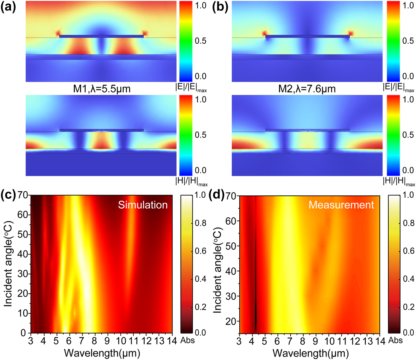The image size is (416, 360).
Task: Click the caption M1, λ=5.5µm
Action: pyautogui.click(x=101, y=89)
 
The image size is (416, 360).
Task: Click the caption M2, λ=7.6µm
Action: pyautogui.click(x=307, y=89)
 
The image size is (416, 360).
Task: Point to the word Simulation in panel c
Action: pyautogui.click(x=143, y=205)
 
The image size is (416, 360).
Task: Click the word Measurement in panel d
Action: pyautogui.click(x=341, y=205)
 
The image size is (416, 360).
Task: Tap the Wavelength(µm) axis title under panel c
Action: pyautogui.click(x=102, y=353)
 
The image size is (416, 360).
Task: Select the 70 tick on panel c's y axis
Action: pyautogui.click(x=23, y=196)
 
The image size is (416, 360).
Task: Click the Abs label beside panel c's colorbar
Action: pyautogui.click(x=189, y=340)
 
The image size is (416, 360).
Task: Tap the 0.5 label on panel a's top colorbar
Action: pyautogui.click(x=200, y=41)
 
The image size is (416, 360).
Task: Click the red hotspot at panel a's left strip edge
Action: pyautogui.click(x=58, y=33)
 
